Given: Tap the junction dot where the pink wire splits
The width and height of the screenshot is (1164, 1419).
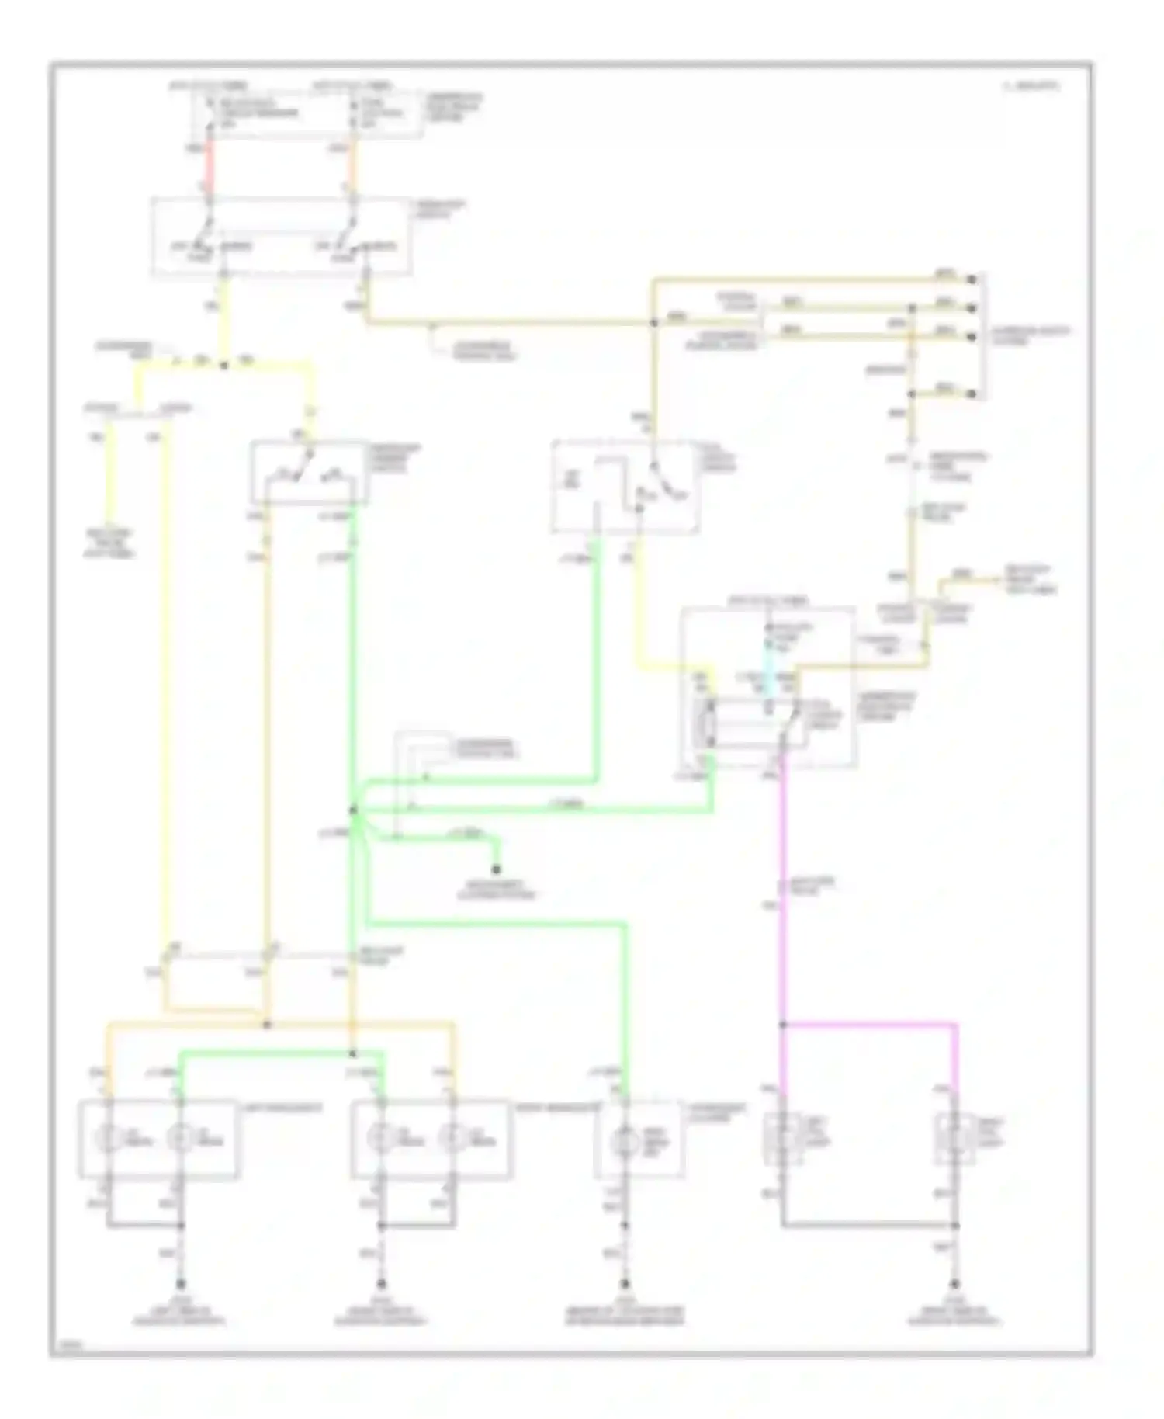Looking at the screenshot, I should click(783, 1025).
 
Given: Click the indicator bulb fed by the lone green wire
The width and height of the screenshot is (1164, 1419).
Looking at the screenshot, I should click(625, 1141).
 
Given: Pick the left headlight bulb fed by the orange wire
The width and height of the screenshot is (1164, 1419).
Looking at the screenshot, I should click(108, 1139).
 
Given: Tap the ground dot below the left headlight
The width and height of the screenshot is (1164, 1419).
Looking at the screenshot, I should click(181, 1285).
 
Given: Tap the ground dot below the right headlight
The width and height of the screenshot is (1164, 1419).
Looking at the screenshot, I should click(381, 1285).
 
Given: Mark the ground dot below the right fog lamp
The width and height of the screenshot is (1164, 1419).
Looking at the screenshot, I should click(955, 1285).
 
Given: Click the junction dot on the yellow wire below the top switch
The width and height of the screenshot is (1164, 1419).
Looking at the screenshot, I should click(223, 365).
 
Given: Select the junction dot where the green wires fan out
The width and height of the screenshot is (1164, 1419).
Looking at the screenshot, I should click(353, 810).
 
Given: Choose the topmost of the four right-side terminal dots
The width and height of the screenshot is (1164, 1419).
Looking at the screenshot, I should click(972, 279).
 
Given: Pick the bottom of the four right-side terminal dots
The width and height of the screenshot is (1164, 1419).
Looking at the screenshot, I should click(972, 394).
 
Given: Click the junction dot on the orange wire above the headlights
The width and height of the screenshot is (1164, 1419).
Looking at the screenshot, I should click(267, 1025).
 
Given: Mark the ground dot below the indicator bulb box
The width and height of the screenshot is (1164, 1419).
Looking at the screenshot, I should click(625, 1285).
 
